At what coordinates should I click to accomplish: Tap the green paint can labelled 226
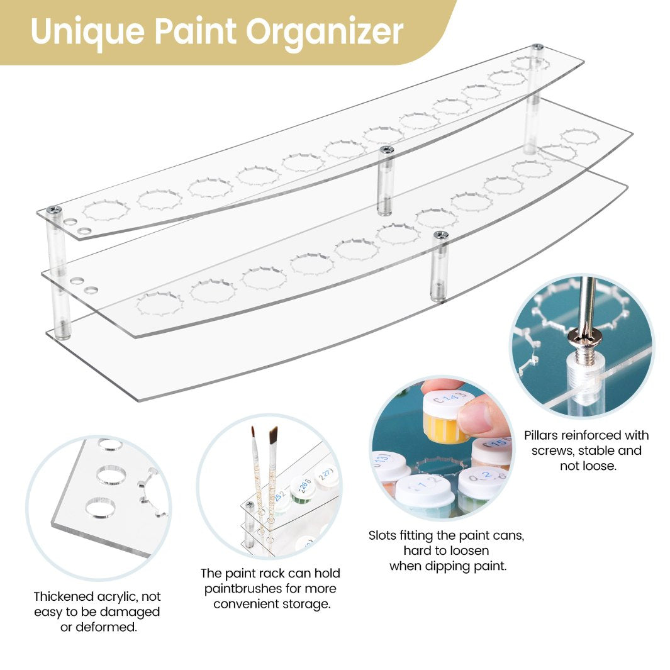[x=303, y=488]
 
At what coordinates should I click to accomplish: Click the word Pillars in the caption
[x=544, y=435]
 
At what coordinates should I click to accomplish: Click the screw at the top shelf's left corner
[x=55, y=210]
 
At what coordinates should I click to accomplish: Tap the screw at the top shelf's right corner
[x=537, y=48]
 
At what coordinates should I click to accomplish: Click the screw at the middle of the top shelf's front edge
[x=387, y=150]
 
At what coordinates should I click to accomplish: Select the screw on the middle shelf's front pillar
[x=440, y=235]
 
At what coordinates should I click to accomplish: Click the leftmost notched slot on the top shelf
[x=106, y=210]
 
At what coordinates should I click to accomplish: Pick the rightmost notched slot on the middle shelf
[x=579, y=137]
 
